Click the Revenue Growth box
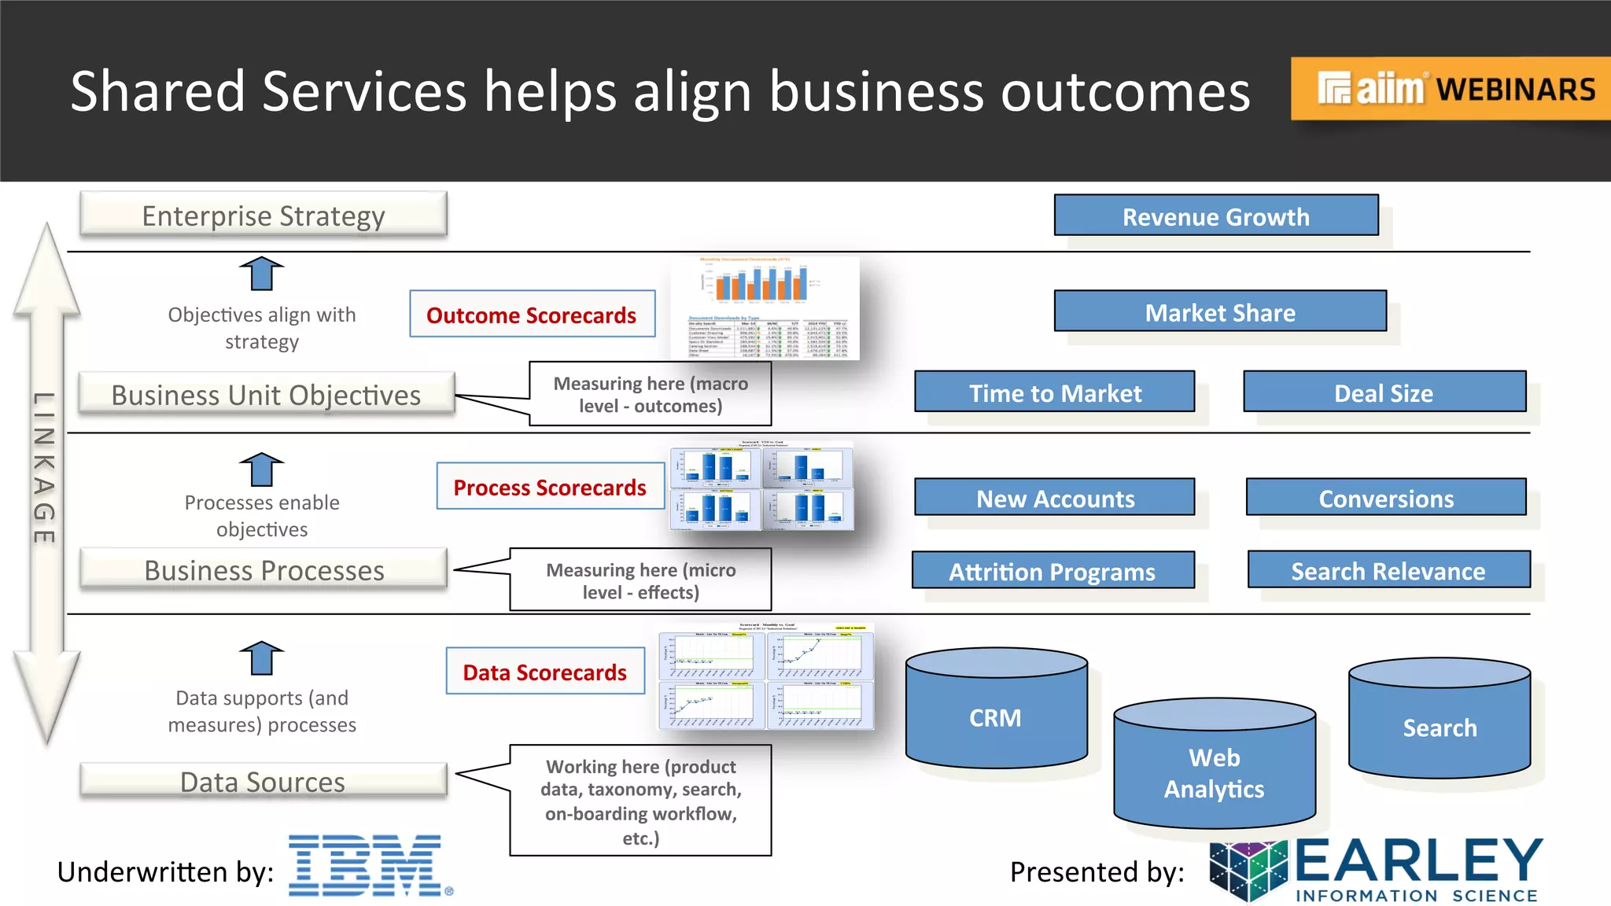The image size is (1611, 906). pos(1216,215)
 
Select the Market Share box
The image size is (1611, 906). pos(1220,311)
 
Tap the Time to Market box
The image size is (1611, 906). pos(1054,392)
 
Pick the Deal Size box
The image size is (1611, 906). pos(1384,392)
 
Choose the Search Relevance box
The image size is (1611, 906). pos(1388,570)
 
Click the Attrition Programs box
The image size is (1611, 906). pos(1052,571)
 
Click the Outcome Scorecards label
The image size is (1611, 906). pos(532,315)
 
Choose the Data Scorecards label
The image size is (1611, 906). pos(544,672)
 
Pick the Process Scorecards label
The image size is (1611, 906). pos(550,487)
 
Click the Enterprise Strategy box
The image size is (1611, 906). pos(264,215)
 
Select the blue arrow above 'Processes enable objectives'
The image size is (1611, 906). pos(261,470)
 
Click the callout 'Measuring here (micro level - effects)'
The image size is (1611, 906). pos(640,580)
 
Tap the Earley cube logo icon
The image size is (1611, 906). pos(1248,869)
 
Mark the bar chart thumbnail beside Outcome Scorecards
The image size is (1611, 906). pos(764,308)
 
